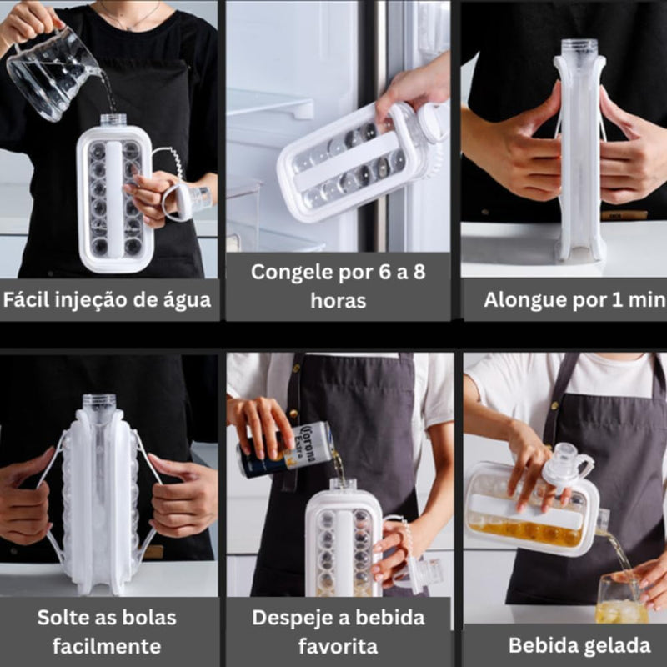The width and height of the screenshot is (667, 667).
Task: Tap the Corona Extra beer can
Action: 284,449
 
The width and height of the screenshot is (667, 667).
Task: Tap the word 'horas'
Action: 339,301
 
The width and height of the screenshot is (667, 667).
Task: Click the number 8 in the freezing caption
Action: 419,273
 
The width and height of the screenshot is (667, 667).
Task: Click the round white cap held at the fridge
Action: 432,123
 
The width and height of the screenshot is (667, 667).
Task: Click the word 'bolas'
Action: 149,618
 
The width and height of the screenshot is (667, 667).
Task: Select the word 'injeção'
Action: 88,300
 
